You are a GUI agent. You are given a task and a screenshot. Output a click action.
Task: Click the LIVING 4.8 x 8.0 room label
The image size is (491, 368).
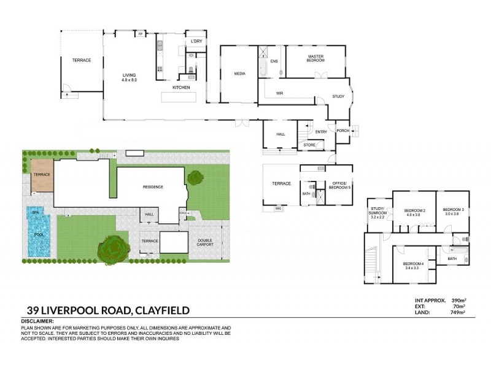pos(129,78)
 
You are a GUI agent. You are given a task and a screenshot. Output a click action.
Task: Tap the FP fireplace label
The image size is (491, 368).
pos(140,33)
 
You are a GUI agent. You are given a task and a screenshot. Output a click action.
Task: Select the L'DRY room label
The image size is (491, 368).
pos(196,42)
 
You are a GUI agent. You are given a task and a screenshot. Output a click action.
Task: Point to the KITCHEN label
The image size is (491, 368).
pos(180,88)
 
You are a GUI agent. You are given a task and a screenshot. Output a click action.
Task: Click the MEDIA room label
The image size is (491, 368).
pos(239,74)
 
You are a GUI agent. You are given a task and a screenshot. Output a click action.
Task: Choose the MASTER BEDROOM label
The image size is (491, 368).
pos(316,58)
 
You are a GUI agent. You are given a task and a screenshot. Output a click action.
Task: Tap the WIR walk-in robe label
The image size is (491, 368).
pos(279,93)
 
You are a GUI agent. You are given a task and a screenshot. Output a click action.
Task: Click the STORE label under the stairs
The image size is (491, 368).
pos(309,145)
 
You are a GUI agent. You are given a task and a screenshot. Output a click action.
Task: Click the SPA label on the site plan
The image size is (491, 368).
pos(35,212)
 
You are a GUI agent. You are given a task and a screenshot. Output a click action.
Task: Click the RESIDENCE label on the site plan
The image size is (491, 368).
pos(152,186)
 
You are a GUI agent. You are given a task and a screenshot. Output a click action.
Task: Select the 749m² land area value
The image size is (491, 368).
pos(457,312)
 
